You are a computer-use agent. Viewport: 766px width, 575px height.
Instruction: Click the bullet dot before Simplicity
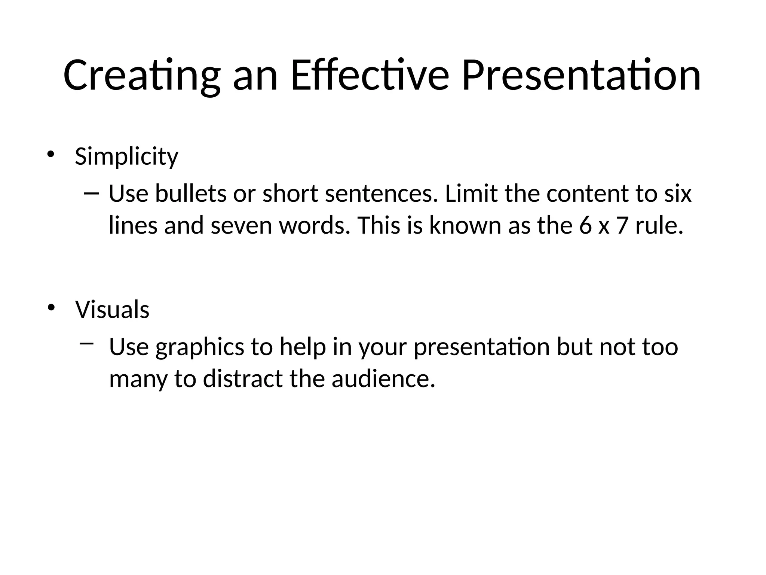coord(51,154)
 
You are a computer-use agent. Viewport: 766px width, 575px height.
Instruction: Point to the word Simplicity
coord(126,156)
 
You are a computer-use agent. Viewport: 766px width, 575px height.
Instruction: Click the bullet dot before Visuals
coord(51,308)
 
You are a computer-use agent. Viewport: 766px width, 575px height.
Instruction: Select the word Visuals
coord(112,310)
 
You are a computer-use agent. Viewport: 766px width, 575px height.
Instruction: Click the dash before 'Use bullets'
coord(92,194)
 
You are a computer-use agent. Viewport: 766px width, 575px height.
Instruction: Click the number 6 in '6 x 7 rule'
coord(585,226)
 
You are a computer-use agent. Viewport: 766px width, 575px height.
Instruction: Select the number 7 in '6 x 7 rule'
coord(622,226)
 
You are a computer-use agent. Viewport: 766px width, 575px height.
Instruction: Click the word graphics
coord(200,347)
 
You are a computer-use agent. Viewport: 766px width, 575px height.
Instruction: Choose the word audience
coord(383,379)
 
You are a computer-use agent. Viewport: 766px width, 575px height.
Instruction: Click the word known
coord(465,226)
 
